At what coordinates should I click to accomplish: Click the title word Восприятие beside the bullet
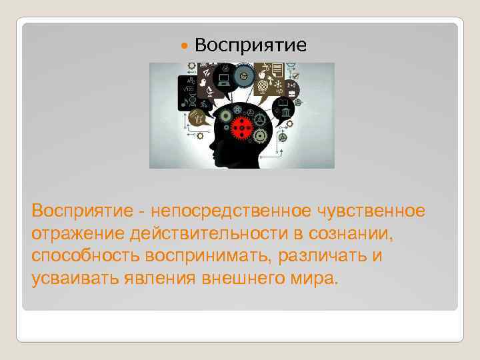coord(252,45)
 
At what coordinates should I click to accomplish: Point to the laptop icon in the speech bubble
coord(224,79)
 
